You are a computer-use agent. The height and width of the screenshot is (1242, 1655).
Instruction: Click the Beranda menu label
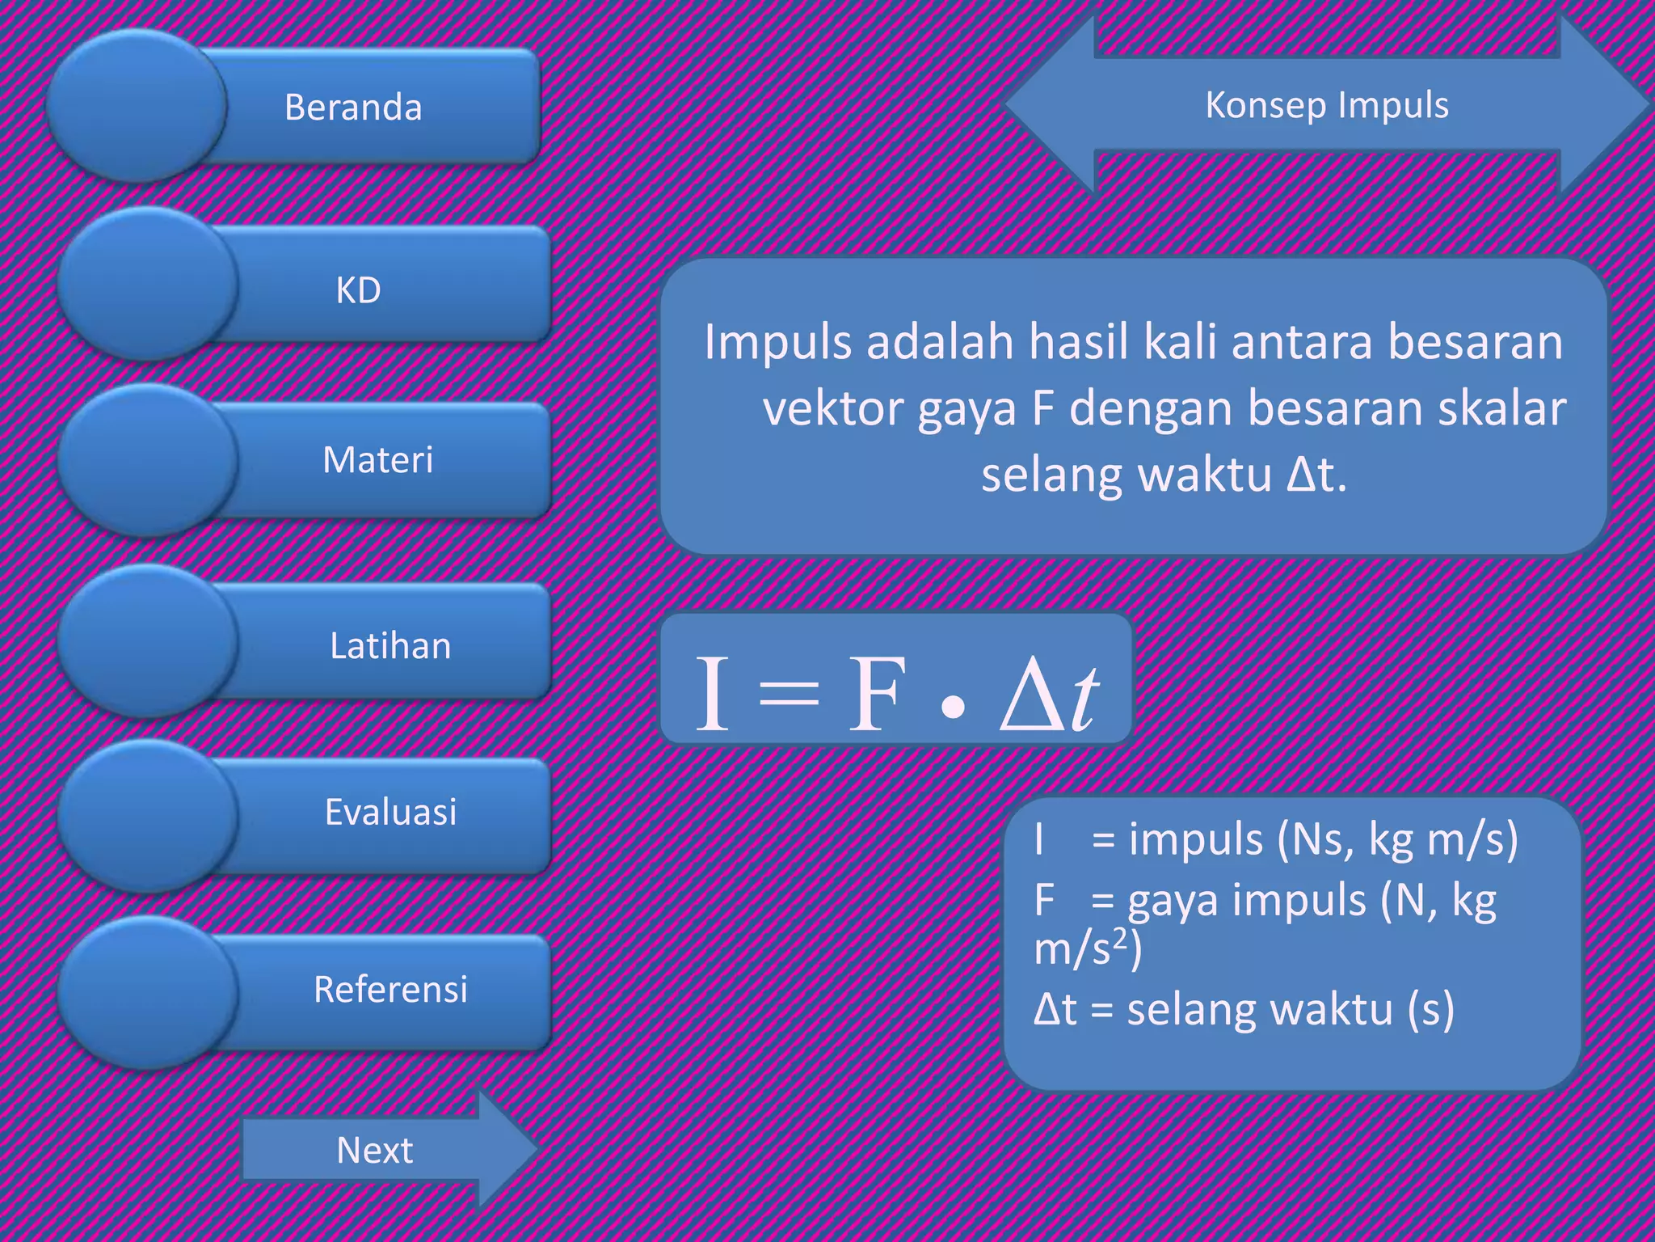click(x=353, y=108)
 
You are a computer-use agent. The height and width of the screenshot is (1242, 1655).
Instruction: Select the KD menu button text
click(x=358, y=290)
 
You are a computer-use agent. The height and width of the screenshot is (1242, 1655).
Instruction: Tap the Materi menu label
click(x=377, y=460)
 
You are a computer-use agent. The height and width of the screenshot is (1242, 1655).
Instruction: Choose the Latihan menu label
click(x=390, y=646)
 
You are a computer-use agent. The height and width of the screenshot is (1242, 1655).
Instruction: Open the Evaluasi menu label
click(x=390, y=812)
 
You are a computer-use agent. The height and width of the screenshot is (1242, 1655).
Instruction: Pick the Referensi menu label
click(x=390, y=989)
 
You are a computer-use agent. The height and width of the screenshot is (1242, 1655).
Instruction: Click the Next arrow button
click(x=376, y=1150)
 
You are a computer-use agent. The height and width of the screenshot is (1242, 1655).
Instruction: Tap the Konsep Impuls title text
click(x=1327, y=105)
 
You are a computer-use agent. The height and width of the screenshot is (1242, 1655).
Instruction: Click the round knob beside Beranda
click(x=136, y=105)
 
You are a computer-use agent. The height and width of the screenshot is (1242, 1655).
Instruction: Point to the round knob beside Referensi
click(x=147, y=992)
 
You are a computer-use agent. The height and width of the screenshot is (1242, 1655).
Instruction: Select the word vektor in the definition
click(x=832, y=408)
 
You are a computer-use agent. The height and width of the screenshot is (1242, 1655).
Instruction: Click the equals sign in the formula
click(x=789, y=694)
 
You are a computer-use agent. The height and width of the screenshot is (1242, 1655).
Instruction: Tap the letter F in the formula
click(x=874, y=694)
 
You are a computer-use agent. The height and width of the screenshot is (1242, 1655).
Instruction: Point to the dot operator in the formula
click(x=954, y=708)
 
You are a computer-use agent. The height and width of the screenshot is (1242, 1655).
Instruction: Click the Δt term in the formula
click(x=1049, y=694)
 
